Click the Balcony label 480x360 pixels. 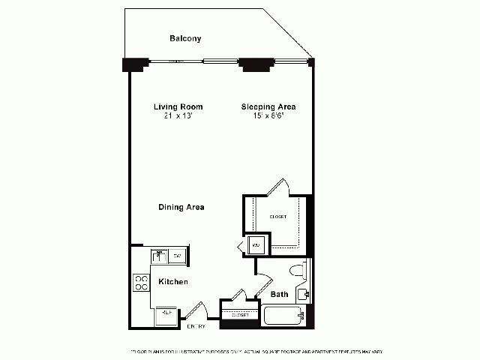pyautogui.click(x=185, y=38)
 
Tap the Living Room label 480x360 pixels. pyautogui.click(x=178, y=106)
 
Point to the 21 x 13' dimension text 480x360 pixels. pyautogui.click(x=178, y=115)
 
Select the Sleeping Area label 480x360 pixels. pyautogui.click(x=267, y=106)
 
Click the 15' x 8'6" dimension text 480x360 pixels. pyautogui.click(x=267, y=115)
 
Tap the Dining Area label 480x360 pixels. pyautogui.click(x=181, y=207)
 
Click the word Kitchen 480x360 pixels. pyautogui.click(x=172, y=281)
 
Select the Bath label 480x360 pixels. pyautogui.click(x=279, y=295)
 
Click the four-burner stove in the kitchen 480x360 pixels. pyautogui.click(x=141, y=282)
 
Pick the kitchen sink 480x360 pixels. pyautogui.click(x=158, y=256)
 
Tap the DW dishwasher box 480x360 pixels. pyautogui.click(x=178, y=256)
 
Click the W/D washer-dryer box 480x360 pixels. pyautogui.click(x=256, y=245)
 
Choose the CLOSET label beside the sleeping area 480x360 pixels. pyautogui.click(x=277, y=217)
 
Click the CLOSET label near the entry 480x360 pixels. pyautogui.click(x=240, y=316)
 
